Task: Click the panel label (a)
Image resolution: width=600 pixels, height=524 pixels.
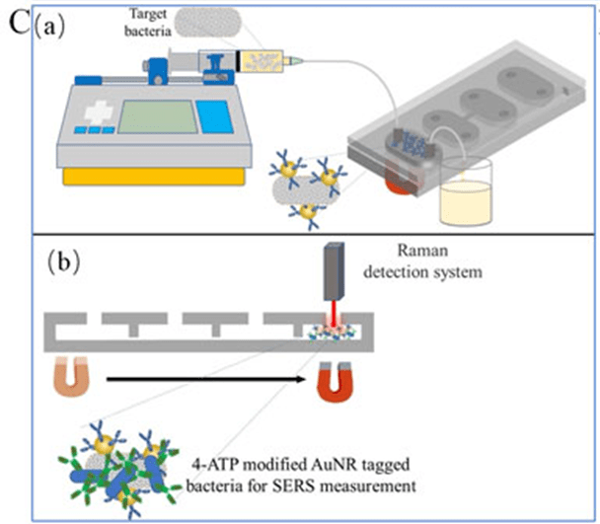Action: (x=48, y=25)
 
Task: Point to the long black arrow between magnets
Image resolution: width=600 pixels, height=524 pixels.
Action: (x=197, y=377)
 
